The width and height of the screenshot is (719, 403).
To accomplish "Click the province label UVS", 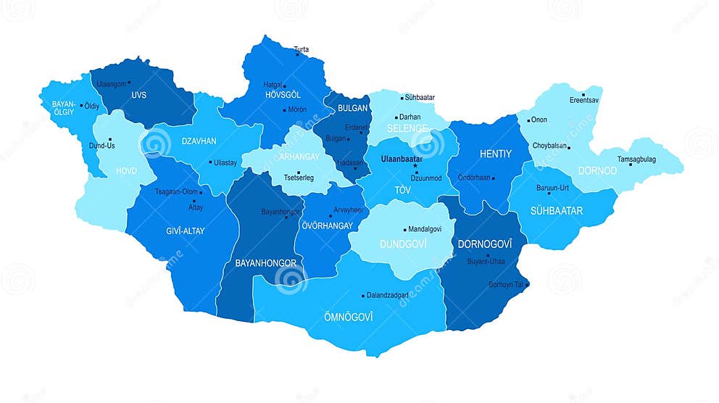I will point(139,95).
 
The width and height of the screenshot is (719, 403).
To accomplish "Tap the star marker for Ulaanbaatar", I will point(416,166).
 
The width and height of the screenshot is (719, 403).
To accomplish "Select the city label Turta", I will point(302,49).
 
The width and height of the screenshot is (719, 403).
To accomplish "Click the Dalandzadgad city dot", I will point(363,296).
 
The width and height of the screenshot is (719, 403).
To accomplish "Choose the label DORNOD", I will point(597,171).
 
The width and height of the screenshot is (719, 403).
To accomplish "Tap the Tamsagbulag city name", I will point(636,159).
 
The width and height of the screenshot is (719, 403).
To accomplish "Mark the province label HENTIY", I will point(496,154).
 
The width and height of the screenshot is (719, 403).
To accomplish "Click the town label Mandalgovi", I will point(425,228).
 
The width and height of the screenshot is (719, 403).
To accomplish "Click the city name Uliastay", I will point(225,162).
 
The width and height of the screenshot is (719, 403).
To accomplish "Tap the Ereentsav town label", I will point(584,100).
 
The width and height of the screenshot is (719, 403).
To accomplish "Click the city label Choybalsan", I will point(550,145).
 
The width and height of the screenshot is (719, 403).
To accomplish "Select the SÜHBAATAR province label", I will point(557,211).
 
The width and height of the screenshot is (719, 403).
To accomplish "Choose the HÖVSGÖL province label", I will point(283,94).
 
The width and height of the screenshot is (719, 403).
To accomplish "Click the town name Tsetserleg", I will point(299,178).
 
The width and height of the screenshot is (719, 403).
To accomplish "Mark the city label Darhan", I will point(410,117).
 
